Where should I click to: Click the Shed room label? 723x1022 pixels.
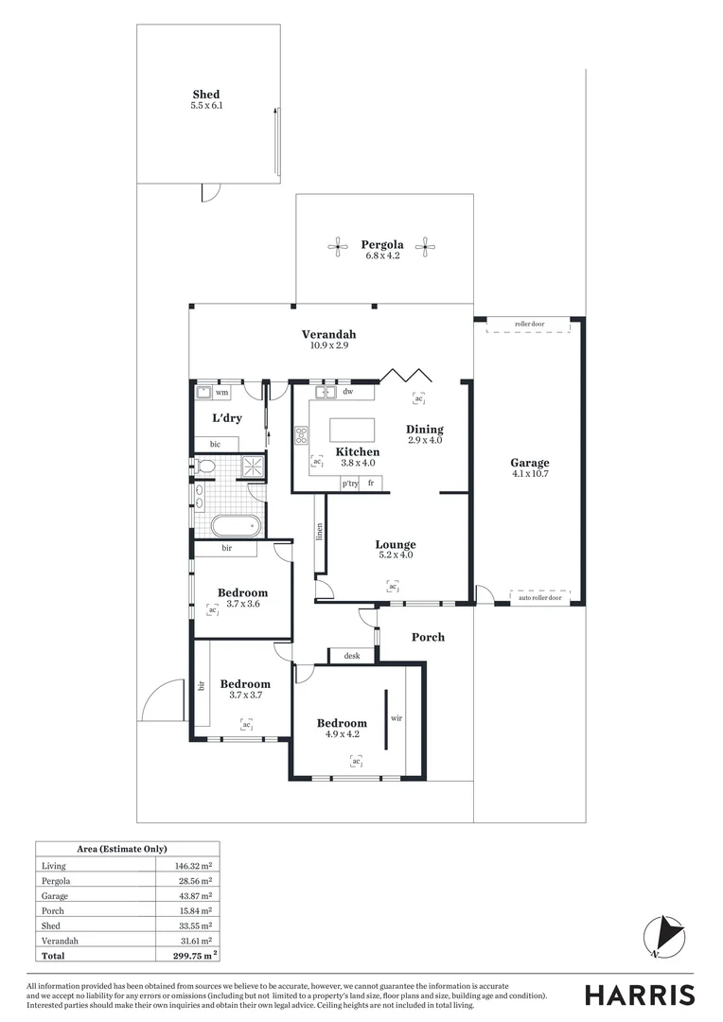coord(205,95)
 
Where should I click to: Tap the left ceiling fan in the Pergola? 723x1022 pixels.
coord(338,248)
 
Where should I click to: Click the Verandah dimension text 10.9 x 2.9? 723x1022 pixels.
coord(328,346)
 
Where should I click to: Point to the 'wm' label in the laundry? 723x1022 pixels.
coord(222,392)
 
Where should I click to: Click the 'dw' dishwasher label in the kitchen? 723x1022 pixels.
coord(348,392)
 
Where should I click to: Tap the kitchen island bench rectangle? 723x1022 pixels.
coord(352,430)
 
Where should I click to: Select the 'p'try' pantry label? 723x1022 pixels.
coord(349,484)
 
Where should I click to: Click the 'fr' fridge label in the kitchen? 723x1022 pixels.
coord(372,484)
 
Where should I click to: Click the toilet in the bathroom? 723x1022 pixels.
coord(205,466)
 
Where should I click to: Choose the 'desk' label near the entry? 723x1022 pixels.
coord(352,655)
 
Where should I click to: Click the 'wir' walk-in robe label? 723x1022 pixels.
coord(397,718)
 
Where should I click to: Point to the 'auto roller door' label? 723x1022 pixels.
coord(540,598)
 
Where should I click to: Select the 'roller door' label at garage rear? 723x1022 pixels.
coord(529,325)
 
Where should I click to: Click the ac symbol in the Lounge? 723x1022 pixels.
coord(392,587)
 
